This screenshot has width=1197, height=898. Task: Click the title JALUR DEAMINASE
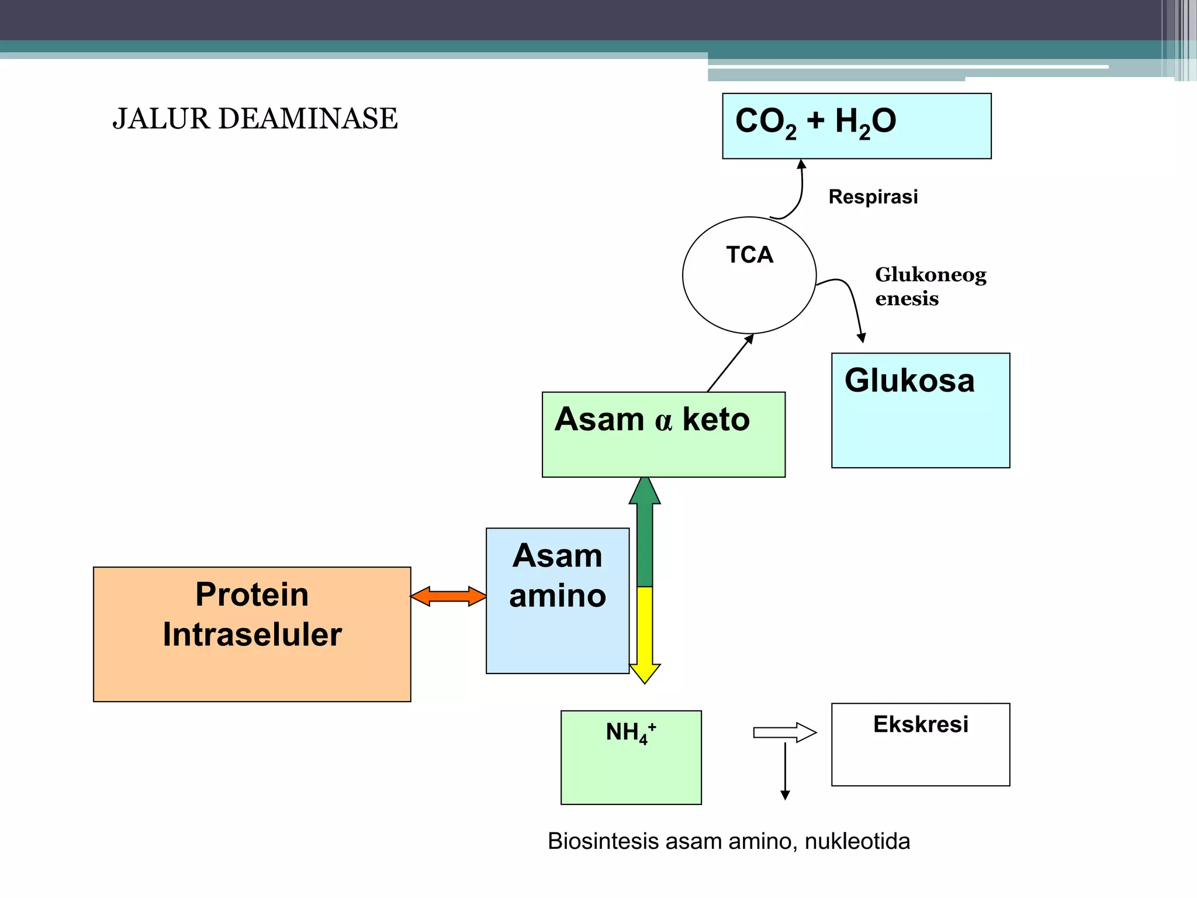point(255,119)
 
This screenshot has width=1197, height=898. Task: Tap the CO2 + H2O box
point(856,126)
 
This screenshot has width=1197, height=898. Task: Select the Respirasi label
point(873,197)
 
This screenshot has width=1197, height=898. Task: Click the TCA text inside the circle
point(749,255)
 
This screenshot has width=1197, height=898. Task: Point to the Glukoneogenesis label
point(930,286)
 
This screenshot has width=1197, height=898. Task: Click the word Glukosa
point(909,381)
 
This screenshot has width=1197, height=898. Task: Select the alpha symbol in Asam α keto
point(663,420)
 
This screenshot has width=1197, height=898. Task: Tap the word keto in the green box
point(716,419)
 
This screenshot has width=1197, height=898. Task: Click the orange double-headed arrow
point(448,596)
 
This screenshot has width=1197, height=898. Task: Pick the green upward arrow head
point(645,491)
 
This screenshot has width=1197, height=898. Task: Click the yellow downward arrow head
point(645,673)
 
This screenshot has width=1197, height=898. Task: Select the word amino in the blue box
point(558,596)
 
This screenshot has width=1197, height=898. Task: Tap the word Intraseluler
point(252,634)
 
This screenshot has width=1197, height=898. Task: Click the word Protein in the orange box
point(252,594)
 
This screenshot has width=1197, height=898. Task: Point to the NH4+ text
point(631,732)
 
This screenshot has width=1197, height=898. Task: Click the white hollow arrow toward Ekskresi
point(785,733)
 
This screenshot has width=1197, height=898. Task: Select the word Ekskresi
point(921,724)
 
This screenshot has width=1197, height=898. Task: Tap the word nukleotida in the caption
point(857,841)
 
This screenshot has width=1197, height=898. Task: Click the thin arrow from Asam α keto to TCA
point(730,363)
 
